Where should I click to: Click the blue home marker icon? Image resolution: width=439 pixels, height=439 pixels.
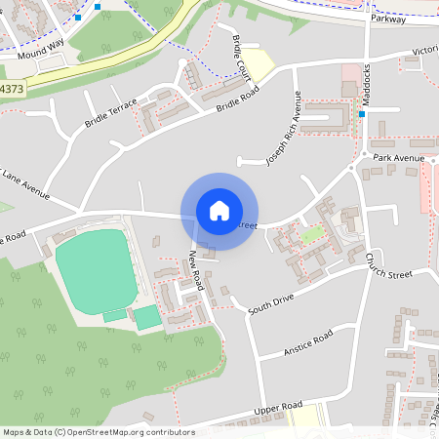pyautogui.click(x=219, y=211)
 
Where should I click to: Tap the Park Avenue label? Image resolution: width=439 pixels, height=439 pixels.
pyautogui.click(x=399, y=157)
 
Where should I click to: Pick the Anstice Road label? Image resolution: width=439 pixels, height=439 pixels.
pyautogui.click(x=308, y=341)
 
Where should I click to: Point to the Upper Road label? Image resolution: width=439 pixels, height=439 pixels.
pyautogui.click(x=278, y=407)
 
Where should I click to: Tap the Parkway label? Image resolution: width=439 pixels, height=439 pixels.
pyautogui.click(x=387, y=19)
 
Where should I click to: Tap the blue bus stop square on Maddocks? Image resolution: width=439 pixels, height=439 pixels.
pyautogui.click(x=361, y=114)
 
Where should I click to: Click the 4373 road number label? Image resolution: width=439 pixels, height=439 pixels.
pyautogui.click(x=12, y=89)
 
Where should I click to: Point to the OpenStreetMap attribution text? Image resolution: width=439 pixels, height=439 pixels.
pyautogui.click(x=98, y=431)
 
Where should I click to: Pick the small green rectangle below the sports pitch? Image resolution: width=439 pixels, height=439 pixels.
pyautogui.click(x=147, y=317)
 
